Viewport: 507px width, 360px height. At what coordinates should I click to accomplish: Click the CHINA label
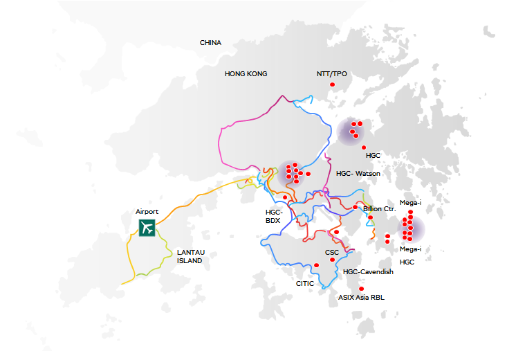210,43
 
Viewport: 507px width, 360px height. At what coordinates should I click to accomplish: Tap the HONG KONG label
246,73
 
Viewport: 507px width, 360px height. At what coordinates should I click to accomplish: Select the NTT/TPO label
331,73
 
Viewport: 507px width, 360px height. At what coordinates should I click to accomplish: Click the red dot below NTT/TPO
332,84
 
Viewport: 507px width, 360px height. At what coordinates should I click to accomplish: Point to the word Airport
147,212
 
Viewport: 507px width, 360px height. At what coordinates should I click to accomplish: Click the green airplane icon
147,227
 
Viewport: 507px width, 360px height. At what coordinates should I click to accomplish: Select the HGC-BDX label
274,216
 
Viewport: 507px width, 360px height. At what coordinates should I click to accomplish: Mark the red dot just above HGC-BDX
285,197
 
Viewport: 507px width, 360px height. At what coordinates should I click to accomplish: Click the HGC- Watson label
358,173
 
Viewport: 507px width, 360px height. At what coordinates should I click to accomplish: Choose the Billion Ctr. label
379,208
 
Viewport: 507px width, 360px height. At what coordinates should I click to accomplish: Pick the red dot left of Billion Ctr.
355,207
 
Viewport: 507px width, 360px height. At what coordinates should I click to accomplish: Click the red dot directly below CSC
332,260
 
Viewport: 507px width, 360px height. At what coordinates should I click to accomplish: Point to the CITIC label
304,283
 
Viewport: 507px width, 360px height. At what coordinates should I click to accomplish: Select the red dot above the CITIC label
317,265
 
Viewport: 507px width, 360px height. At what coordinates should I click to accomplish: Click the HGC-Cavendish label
368,272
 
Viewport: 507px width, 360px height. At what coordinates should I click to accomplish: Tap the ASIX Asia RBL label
361,297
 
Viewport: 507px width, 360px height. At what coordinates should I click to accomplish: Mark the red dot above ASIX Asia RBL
361,289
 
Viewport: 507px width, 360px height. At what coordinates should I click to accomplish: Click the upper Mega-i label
410,202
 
